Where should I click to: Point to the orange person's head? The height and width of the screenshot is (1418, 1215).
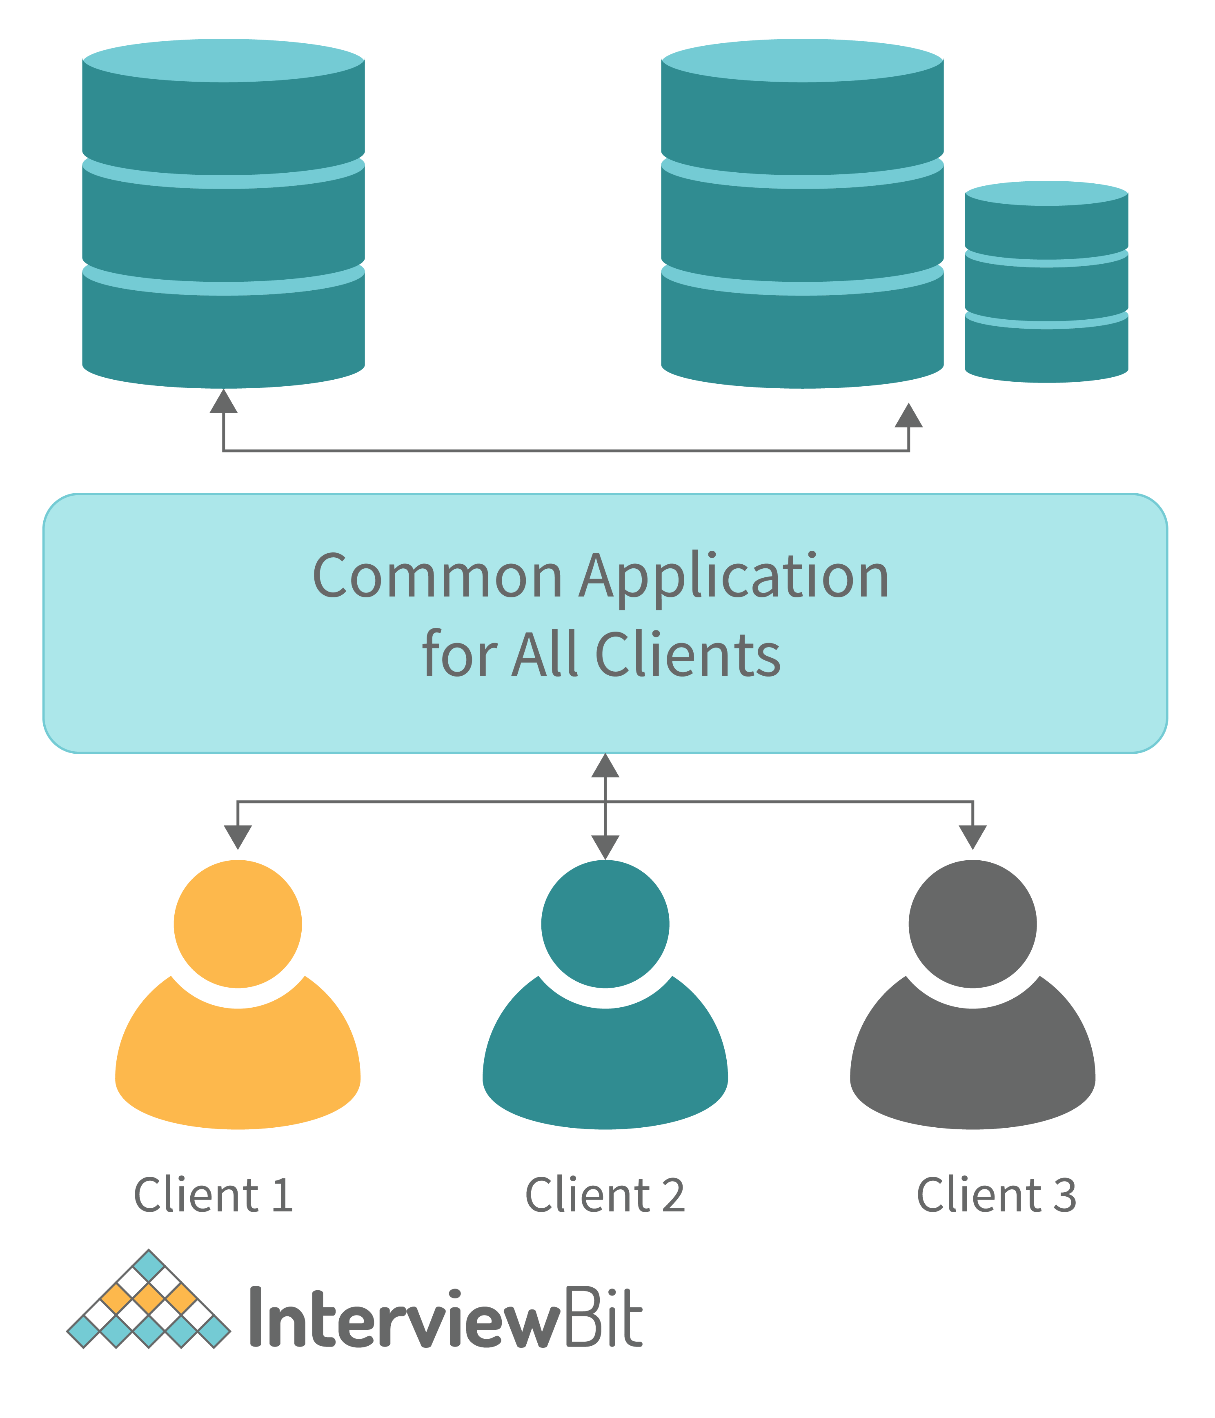pyautogui.click(x=238, y=924)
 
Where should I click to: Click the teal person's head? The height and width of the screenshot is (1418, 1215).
pyautogui.click(x=605, y=924)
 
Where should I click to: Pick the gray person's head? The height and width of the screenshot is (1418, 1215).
pyautogui.click(x=972, y=924)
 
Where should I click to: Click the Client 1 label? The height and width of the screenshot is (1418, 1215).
pyautogui.click(x=214, y=1195)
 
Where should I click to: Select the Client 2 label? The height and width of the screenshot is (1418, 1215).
pyautogui.click(x=605, y=1195)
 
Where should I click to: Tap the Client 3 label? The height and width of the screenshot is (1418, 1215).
pyautogui.click(x=997, y=1195)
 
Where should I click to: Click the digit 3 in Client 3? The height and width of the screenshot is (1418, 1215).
pyautogui.click(x=1064, y=1195)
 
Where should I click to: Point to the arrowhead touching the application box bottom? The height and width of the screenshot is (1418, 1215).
pyautogui.click(x=605, y=766)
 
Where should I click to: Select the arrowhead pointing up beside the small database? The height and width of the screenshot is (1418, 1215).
pyautogui.click(x=908, y=416)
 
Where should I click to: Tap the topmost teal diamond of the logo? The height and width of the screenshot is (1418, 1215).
pyautogui.click(x=149, y=1265)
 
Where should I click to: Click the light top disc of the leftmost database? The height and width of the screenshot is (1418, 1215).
pyautogui.click(x=223, y=61)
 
